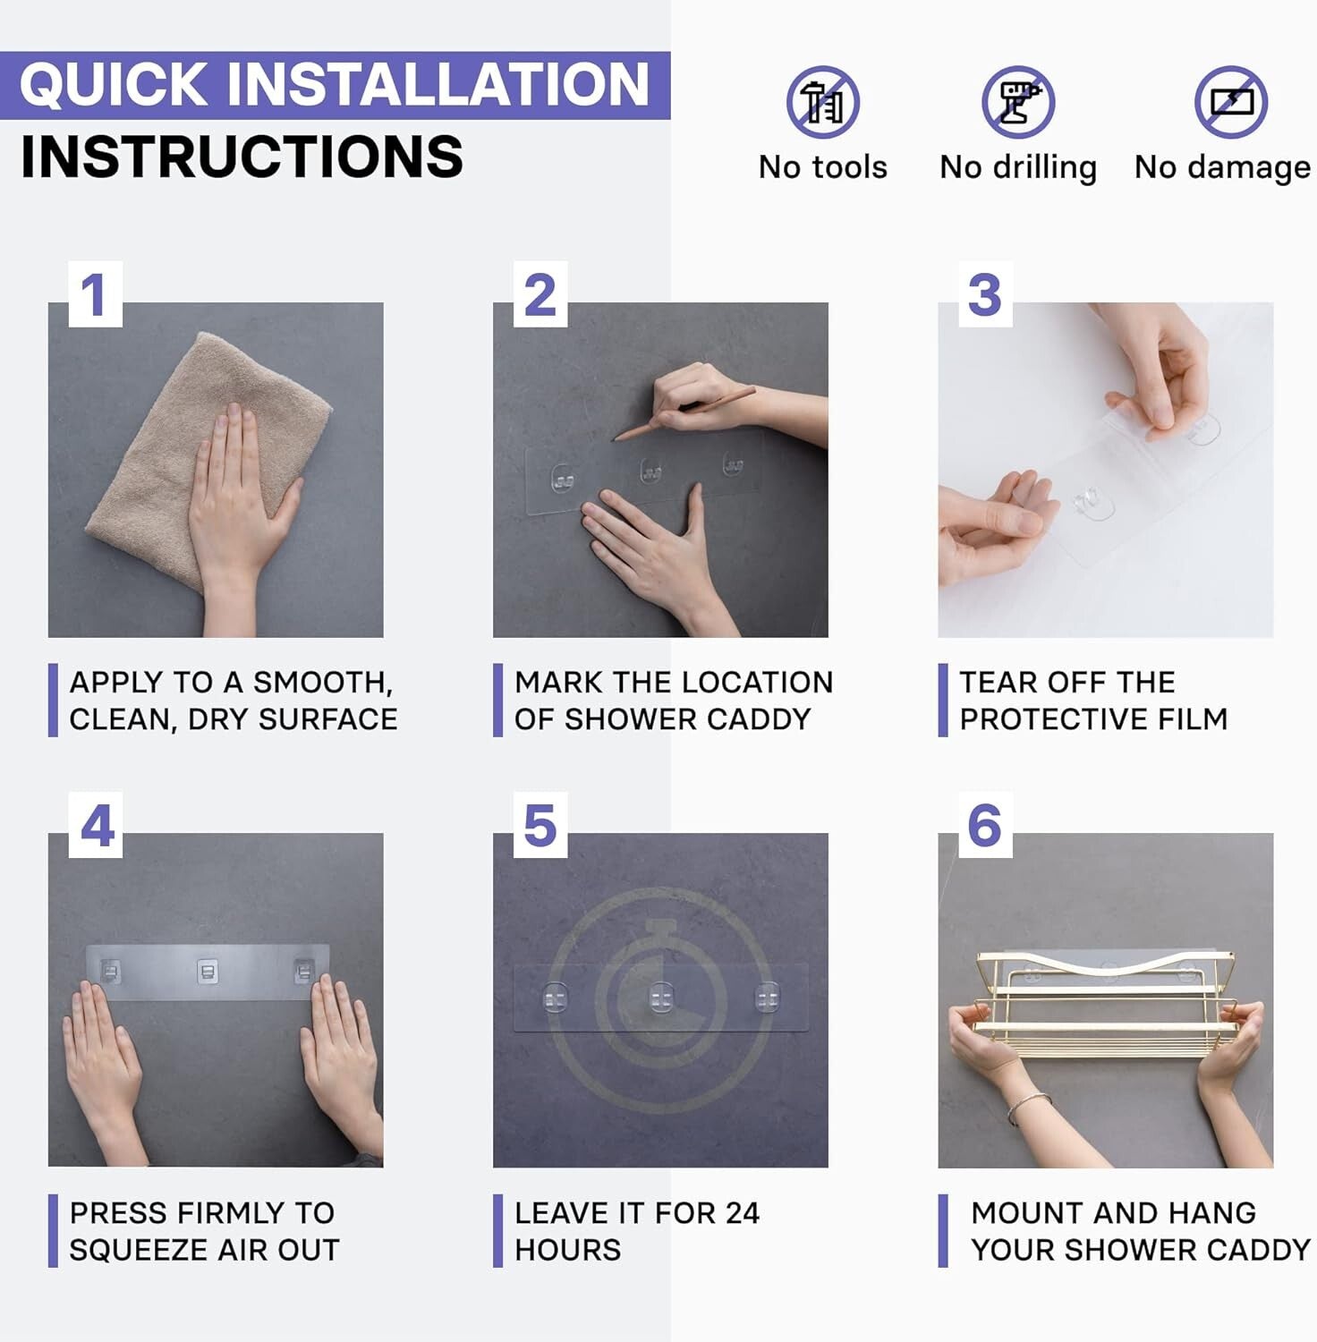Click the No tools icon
point(822,102)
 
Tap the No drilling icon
point(1017,102)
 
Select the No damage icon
point(1231,102)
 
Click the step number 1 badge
point(95,294)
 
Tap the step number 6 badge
point(985,825)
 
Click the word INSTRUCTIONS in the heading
point(242,157)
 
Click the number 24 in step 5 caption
point(742,1213)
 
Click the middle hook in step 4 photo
point(208,972)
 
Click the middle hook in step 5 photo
point(661,998)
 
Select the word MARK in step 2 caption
point(559,683)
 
